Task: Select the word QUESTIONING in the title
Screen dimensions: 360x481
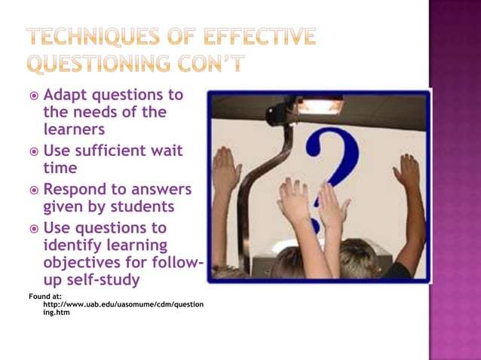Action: point(106,65)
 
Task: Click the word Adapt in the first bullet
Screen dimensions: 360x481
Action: point(66,96)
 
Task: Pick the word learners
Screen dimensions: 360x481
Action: point(74,130)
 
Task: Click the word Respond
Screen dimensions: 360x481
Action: point(79,189)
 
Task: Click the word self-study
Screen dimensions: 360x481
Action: point(106,280)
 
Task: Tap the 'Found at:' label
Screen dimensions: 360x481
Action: point(46,296)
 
